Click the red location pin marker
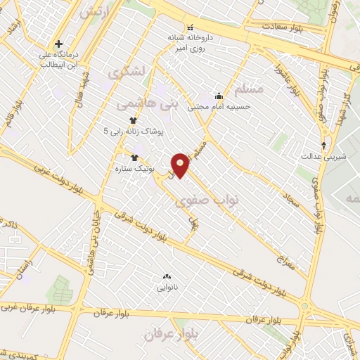tap(180, 165)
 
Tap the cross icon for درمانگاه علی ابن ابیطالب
tap(60, 44)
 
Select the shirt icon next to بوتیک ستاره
tap(134, 157)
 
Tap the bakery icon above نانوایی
tap(167, 277)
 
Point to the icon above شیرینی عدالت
tap(323, 145)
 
